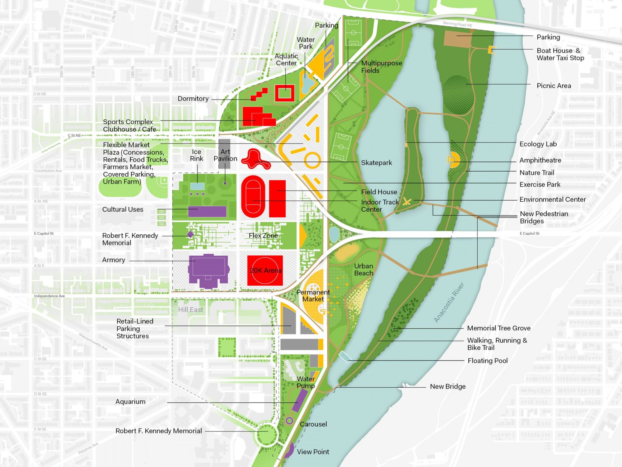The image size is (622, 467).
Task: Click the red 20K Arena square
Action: [x=265, y=271]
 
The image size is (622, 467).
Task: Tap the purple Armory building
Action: [x=208, y=270]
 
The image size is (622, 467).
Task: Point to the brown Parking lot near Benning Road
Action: [x=457, y=38]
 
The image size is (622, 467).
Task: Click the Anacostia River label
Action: [x=449, y=302]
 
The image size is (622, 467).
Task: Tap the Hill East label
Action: [x=190, y=310]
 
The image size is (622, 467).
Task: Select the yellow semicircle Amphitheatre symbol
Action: [x=454, y=160]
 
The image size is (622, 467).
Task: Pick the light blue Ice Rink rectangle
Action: [x=197, y=186]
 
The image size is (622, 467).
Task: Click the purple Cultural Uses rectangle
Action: [x=207, y=211]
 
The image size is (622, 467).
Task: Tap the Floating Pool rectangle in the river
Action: [x=344, y=357]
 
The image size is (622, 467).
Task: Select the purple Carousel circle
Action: [x=289, y=421]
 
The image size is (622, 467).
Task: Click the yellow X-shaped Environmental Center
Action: [x=407, y=201]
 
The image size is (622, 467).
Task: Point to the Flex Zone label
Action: [x=263, y=236]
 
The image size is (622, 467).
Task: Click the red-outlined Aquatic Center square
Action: [x=285, y=93]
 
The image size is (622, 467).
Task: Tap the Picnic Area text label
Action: [x=553, y=86]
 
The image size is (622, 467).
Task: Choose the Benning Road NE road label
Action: [x=457, y=24]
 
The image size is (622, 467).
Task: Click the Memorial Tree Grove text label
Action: [x=499, y=328]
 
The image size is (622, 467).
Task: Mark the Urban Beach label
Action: [x=363, y=269]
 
